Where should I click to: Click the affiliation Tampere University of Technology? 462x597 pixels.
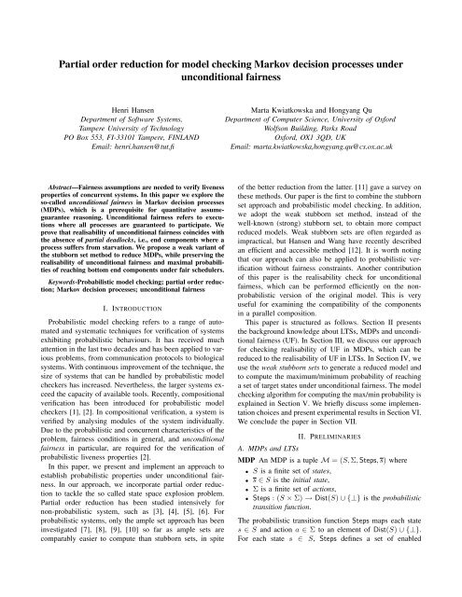tap(125, 134)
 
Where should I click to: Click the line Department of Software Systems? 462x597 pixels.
tap(125, 122)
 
